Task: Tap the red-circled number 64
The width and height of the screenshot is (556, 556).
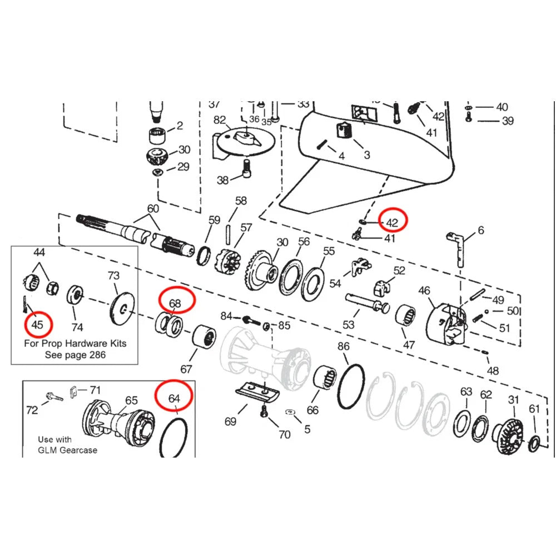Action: click(x=175, y=398)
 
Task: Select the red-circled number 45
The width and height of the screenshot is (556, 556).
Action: click(x=37, y=324)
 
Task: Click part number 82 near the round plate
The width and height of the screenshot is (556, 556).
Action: click(x=220, y=120)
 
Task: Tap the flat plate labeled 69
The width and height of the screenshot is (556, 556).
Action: click(x=256, y=391)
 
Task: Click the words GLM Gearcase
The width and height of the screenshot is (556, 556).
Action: click(x=67, y=450)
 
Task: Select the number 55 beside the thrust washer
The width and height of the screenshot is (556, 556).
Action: click(x=329, y=251)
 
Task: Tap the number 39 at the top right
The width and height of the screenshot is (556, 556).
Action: click(x=508, y=121)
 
